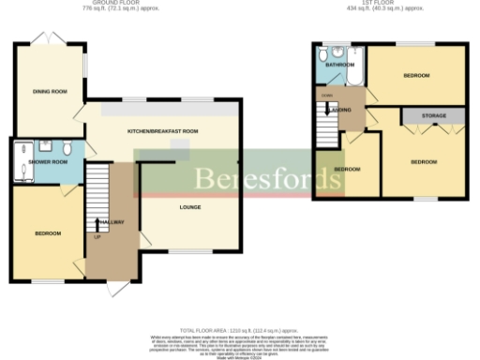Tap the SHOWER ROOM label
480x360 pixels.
click(x=48, y=162)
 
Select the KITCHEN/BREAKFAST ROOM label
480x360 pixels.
click(x=163, y=131)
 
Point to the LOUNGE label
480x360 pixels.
click(x=190, y=207)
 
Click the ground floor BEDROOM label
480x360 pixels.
click(x=48, y=233)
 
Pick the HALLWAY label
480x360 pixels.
click(x=111, y=221)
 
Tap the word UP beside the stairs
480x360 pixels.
click(x=97, y=236)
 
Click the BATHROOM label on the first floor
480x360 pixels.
click(x=339, y=65)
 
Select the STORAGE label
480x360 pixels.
click(x=433, y=116)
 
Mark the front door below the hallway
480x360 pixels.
click(x=115, y=287)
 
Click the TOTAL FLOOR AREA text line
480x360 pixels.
click(x=238, y=328)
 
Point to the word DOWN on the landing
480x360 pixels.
click(x=328, y=96)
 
